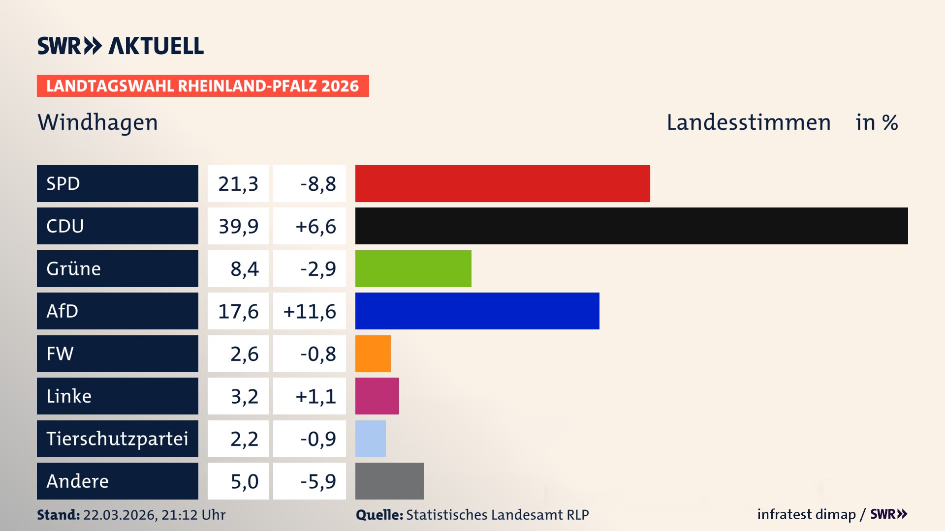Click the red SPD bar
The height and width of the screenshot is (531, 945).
pyautogui.click(x=502, y=183)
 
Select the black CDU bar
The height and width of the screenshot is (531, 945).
pyautogui.click(x=631, y=226)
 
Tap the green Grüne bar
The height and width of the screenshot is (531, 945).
pyautogui.click(x=413, y=268)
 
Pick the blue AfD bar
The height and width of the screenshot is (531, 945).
pyautogui.click(x=477, y=311)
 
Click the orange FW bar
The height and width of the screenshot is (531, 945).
pyautogui.click(x=373, y=354)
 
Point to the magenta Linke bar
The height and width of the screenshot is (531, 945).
pyautogui.click(x=377, y=396)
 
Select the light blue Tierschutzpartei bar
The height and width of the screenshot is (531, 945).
pyautogui.click(x=370, y=439)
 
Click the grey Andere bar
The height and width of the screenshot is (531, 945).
pyautogui.click(x=389, y=481)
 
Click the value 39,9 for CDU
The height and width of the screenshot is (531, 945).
pyautogui.click(x=238, y=226)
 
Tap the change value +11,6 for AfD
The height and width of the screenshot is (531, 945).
pyautogui.click(x=310, y=311)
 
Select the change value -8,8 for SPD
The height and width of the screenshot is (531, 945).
pyautogui.click(x=318, y=184)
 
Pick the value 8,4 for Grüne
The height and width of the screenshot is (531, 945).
pyautogui.click(x=244, y=269)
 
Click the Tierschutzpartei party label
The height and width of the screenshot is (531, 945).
pyautogui.click(x=117, y=439)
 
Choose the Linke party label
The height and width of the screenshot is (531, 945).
pyautogui.click(x=69, y=396)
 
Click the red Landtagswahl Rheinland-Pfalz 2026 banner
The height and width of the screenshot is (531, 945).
pyautogui.click(x=202, y=86)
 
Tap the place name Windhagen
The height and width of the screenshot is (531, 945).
pyautogui.click(x=97, y=122)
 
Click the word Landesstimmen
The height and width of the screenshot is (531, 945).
pyautogui.click(x=748, y=122)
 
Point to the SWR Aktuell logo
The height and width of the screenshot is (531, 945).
pyautogui.click(x=120, y=46)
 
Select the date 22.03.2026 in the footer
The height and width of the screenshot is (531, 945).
pyautogui.click(x=120, y=515)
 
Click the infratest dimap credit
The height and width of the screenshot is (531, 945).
pyautogui.click(x=806, y=514)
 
